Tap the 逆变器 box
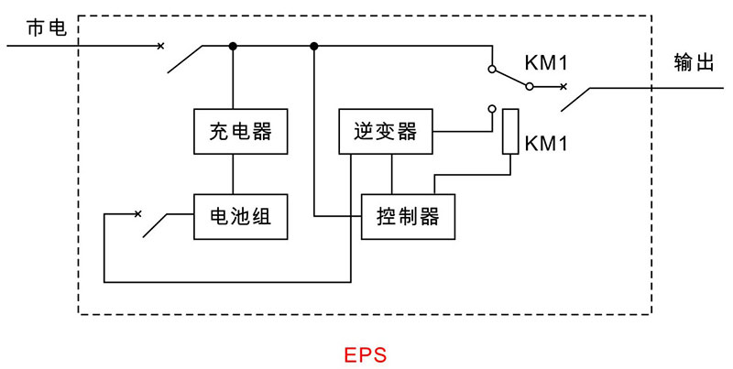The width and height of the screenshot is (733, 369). (x=385, y=132)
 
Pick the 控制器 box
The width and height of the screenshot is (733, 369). (x=408, y=217)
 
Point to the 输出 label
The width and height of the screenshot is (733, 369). (x=693, y=62)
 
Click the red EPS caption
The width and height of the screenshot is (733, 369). (x=366, y=353)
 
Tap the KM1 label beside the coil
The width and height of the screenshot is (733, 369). (x=547, y=144)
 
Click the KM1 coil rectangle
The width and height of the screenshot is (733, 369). (x=510, y=131)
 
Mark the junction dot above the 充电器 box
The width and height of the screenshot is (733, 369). (x=233, y=46)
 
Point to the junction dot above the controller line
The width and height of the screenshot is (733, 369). (x=314, y=46)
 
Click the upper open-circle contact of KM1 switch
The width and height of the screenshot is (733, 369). (x=492, y=69)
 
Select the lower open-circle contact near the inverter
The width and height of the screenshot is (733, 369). (x=492, y=109)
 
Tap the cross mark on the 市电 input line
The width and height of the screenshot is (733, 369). (x=162, y=46)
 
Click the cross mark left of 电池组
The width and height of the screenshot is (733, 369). (x=137, y=214)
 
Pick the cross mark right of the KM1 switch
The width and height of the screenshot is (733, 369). (x=563, y=88)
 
